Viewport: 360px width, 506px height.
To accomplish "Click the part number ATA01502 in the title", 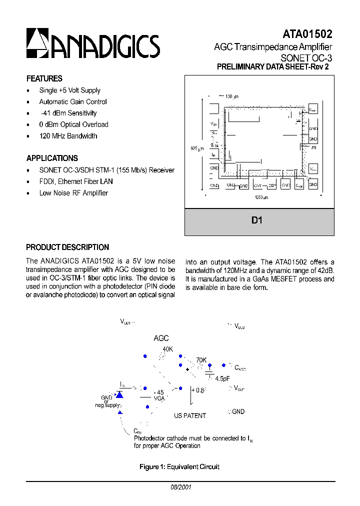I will point(307,34).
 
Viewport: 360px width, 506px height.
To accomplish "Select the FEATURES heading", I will point(44,78).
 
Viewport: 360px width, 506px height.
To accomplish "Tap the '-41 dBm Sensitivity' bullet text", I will point(68,113).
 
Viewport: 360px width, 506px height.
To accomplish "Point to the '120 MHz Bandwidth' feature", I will point(68,136).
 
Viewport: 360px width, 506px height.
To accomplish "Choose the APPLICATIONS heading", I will point(52,158).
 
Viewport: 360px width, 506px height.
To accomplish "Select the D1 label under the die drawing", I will point(257,220).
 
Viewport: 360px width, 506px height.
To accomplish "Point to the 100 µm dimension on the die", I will point(231,96).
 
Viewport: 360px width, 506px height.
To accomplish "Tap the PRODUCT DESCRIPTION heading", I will point(67,247).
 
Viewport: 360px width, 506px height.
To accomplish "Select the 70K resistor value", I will point(201,359).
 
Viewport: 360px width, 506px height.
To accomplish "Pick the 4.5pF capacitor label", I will point(222,378).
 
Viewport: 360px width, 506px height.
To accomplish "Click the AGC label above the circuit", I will point(161,338).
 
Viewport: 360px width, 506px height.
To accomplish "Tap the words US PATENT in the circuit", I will point(189,415).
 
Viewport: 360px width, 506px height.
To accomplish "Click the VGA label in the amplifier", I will point(159,398).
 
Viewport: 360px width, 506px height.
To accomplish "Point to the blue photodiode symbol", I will point(120,394).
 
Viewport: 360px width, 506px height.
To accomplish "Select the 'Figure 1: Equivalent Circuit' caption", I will point(179,467).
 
